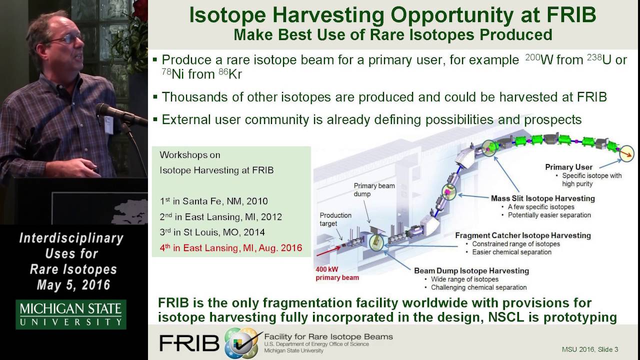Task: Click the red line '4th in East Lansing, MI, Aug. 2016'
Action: [230, 247]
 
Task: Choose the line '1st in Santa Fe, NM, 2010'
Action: [213, 201]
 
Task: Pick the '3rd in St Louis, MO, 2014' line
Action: [212, 232]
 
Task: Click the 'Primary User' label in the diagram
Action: [568, 167]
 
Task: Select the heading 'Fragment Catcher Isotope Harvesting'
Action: [523, 235]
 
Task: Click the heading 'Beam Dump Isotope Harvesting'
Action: [471, 270]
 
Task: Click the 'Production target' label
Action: [335, 219]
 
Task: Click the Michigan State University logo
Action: [70, 314]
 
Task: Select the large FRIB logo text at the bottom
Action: [189, 342]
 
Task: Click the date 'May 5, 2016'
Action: [73, 285]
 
